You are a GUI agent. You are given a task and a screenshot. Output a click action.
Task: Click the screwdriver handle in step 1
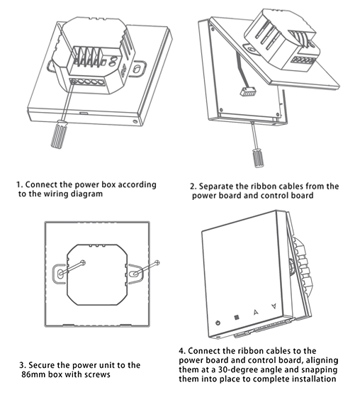point(59,134)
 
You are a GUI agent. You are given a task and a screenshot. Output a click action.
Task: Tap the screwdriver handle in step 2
point(258,158)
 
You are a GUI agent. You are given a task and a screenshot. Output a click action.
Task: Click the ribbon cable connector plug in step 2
point(248,91)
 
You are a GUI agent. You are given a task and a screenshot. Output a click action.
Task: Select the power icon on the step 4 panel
point(218,323)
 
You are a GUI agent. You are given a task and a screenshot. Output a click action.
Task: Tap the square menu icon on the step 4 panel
point(237,318)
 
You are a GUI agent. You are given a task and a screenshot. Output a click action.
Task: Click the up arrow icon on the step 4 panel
point(255,312)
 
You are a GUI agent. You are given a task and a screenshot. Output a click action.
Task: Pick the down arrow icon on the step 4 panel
point(274,306)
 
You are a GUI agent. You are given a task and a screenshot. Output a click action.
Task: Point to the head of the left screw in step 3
point(82,262)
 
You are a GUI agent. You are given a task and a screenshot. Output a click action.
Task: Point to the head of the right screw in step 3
point(157,262)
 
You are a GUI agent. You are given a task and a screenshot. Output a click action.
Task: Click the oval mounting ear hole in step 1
point(137,69)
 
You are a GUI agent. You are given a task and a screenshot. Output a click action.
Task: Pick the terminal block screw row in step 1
point(87,82)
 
